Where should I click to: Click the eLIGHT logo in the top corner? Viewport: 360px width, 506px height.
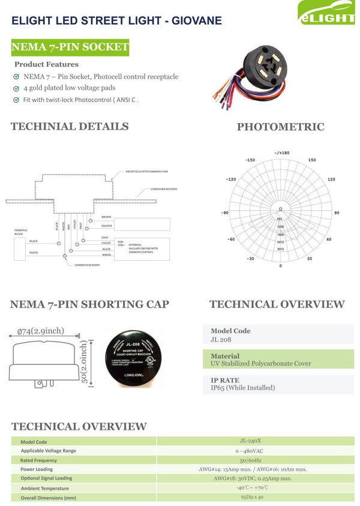coord(328,13)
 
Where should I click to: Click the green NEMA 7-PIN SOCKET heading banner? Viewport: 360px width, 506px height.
coord(70,47)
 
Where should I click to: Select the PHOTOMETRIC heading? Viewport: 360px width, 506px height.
coord(280,127)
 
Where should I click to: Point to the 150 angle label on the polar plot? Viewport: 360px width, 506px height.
coord(312,160)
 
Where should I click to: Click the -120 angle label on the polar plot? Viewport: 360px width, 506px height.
coord(231,179)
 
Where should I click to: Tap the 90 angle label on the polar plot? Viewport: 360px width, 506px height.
coord(337,213)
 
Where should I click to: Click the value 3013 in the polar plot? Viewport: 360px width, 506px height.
coord(280,249)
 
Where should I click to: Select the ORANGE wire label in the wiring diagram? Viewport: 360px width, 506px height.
coord(107,226)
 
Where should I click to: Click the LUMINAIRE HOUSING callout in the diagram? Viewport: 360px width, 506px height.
coord(161,190)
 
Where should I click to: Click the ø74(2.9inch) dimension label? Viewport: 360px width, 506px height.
coord(40,331)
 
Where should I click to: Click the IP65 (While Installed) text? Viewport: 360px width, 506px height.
coord(242,388)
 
